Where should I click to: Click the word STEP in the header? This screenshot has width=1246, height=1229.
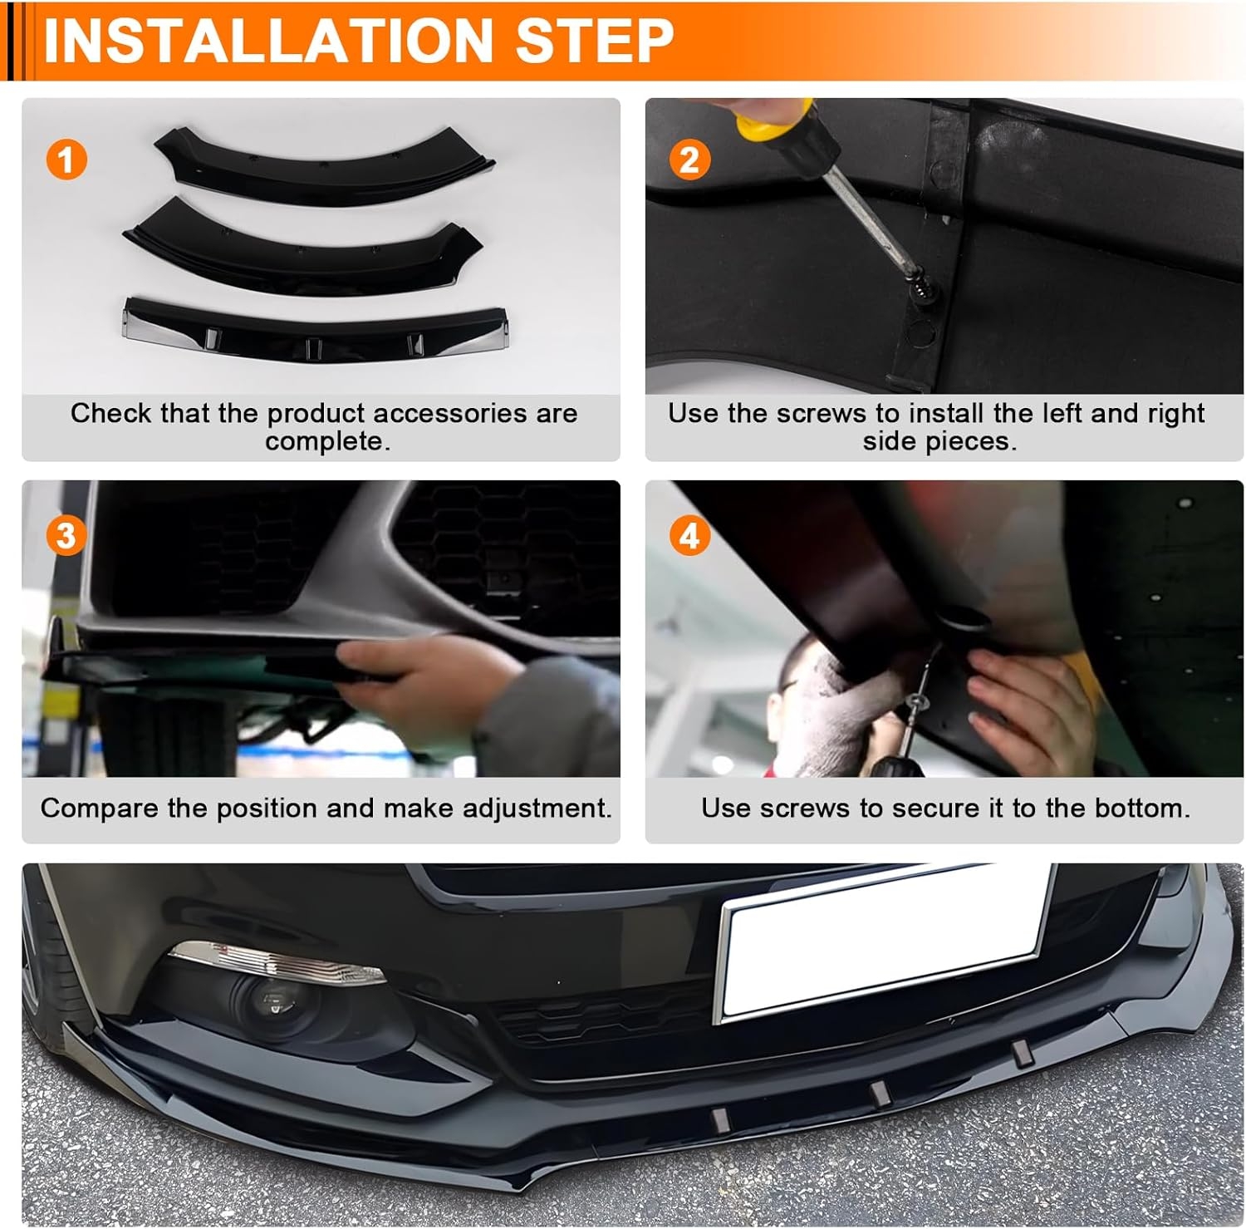(x=595, y=39)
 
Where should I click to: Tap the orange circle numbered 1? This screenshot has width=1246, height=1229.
(x=66, y=159)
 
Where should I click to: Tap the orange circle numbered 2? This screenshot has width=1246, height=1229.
(x=689, y=159)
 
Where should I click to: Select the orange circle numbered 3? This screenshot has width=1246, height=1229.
(x=66, y=536)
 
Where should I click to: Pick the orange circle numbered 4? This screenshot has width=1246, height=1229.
(x=689, y=536)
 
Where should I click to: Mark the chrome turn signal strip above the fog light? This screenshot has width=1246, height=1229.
(x=274, y=962)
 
